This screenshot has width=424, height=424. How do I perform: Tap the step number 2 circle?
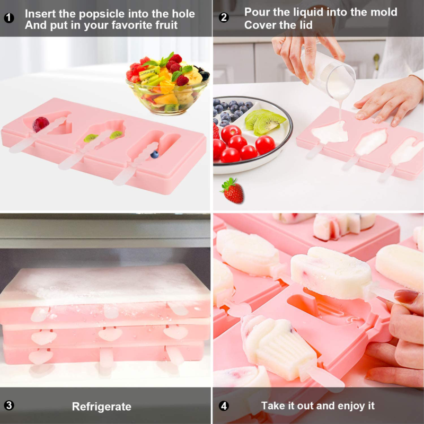[224, 17]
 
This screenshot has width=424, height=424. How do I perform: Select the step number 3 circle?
[8, 406]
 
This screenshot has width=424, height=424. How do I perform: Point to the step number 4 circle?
[224, 406]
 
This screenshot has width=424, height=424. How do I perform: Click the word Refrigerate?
[101, 407]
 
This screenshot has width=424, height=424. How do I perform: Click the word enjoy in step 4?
[344, 405]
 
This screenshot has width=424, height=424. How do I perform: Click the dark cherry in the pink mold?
[40, 125]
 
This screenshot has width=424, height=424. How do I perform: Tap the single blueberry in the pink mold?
[154, 154]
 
